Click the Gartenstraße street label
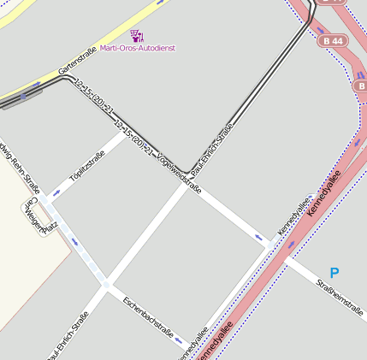coord(77,59)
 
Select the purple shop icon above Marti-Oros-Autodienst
coord(137,35)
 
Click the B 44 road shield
coord(334,40)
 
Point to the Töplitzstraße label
coord(86,163)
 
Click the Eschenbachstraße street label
coord(148,316)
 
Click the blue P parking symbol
coord(334,273)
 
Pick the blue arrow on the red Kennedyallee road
coord(295,244)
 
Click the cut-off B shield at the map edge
coord(360,86)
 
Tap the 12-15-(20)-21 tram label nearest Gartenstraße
coord(94,97)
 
